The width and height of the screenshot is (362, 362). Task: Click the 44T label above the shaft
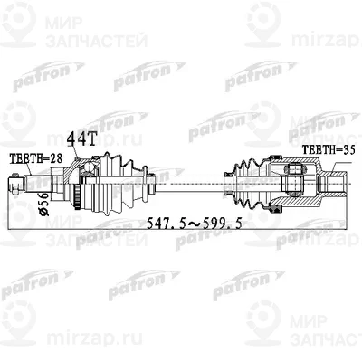(x=81, y=138)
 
